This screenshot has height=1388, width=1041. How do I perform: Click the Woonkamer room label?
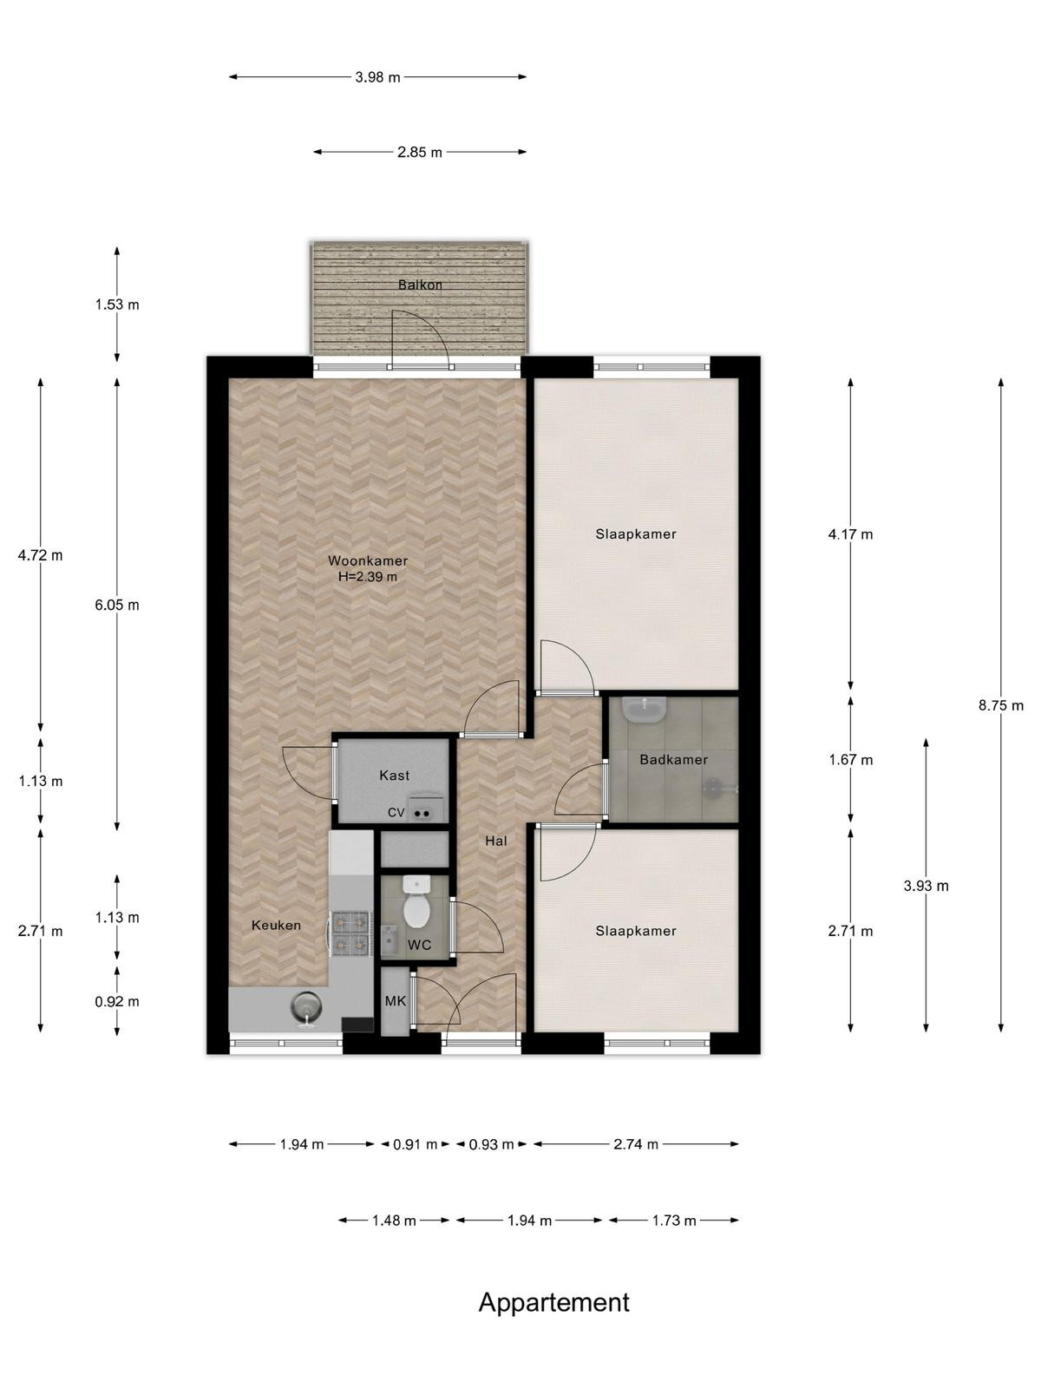tap(367, 561)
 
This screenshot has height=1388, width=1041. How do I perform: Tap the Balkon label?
tap(420, 285)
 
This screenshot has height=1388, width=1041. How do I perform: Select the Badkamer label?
tap(673, 759)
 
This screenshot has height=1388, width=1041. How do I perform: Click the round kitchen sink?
tap(306, 1006)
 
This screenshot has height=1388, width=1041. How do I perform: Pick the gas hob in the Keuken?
tap(350, 933)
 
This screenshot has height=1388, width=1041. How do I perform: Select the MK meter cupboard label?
tap(395, 1001)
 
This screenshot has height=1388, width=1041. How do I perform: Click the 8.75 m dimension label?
tap(1000, 705)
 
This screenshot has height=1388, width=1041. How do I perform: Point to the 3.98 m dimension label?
tap(377, 77)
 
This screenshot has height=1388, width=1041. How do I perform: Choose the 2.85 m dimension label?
tap(420, 153)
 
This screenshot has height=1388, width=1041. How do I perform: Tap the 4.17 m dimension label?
tap(850, 534)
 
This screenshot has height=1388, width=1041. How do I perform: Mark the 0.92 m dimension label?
tap(117, 1002)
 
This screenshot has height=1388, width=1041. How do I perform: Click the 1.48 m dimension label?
tap(394, 1221)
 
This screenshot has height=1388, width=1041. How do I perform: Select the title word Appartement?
tap(553, 1303)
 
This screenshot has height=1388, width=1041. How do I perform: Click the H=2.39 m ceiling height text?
tap(367, 577)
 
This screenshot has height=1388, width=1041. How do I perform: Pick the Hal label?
tap(495, 841)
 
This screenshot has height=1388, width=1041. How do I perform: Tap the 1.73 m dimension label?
tap(674, 1221)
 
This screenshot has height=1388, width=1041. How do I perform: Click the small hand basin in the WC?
tap(390, 940)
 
